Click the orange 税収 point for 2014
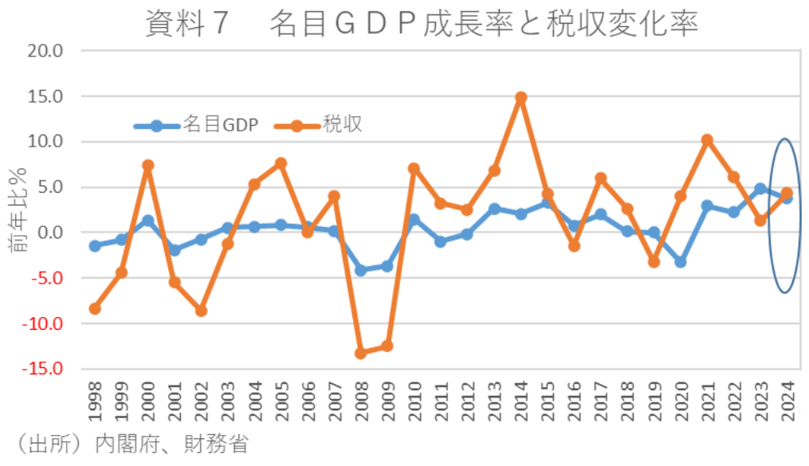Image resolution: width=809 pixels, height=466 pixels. pos(520,97)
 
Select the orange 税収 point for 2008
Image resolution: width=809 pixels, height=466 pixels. pos(360,353)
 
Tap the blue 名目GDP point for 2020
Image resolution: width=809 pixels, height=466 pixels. pos(680,262)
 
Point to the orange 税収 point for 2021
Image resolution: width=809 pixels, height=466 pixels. pos(707,140)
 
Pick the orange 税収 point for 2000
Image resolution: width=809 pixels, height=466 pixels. pos(147,166)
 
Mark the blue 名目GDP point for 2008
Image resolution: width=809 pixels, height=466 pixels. pos(360,270)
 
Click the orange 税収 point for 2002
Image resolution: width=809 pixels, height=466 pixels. pos(201,311)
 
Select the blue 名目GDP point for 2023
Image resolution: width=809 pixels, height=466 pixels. pos(760,189)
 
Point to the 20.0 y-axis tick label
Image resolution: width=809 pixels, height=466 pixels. pos(46,50)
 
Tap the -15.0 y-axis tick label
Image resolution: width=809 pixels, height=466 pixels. pos(43,370)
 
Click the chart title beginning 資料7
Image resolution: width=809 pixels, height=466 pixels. pos(422,24)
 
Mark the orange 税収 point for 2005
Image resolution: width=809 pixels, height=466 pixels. pos(281,163)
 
